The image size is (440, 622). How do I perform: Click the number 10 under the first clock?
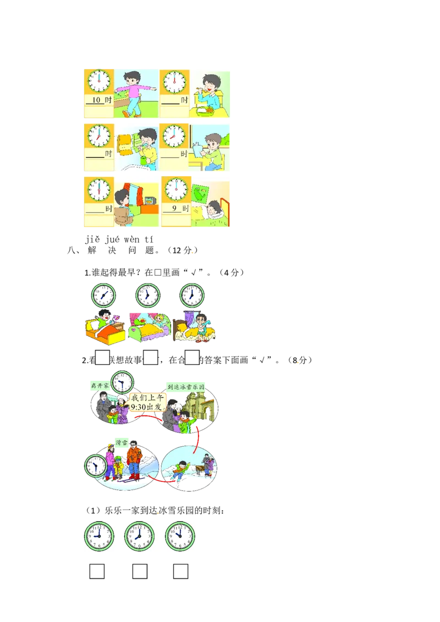[95, 101]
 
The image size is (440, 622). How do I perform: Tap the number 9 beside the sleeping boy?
[174, 209]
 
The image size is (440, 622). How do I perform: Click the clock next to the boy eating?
[174, 82]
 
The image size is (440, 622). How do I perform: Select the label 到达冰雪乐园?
[185, 386]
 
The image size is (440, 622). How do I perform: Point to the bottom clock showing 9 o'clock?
[99, 536]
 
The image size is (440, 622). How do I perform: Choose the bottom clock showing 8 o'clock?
[140, 536]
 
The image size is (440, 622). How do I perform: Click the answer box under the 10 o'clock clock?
[180, 571]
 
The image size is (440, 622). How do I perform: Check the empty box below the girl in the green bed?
[150, 357]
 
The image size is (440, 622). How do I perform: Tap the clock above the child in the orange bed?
[103, 296]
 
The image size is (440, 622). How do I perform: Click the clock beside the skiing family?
[96, 466]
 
